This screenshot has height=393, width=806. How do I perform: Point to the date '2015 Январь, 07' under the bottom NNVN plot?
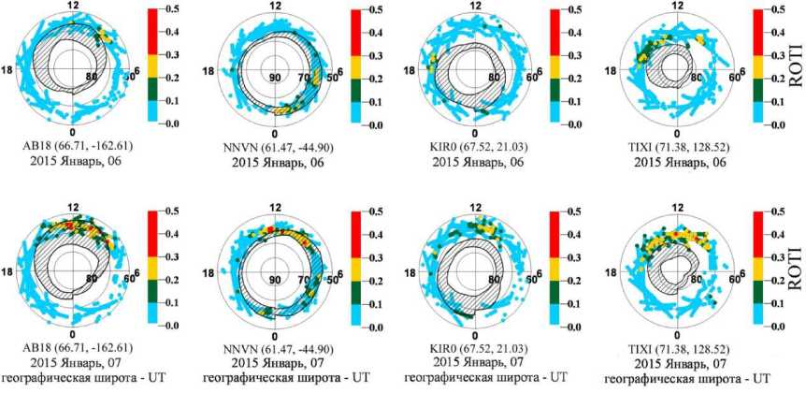[x=274, y=364]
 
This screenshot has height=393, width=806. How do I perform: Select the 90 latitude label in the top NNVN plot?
[x=275, y=78]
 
